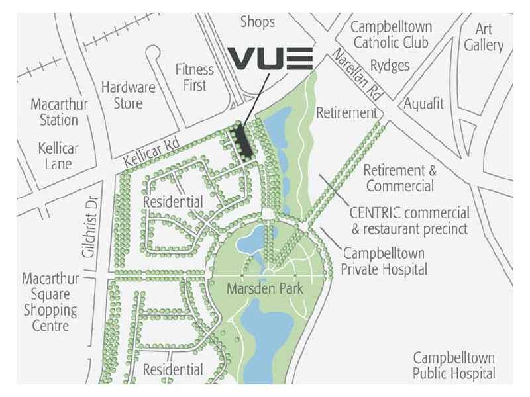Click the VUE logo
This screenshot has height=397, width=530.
pyautogui.click(x=270, y=58)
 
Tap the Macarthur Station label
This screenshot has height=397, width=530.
pyautogui.click(x=54, y=112)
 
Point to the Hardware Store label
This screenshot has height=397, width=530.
pyautogui.click(x=128, y=95)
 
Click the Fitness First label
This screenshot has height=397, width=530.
pyautogui.click(x=194, y=77)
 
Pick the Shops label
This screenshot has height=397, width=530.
pyautogui.click(x=257, y=22)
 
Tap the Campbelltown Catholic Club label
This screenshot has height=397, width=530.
pyautogui.click(x=391, y=35)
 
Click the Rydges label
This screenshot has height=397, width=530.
pyautogui.click(x=390, y=66)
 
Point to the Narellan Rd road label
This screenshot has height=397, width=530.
pyautogui.click(x=359, y=75)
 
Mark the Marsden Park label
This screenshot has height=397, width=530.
pyautogui.click(x=264, y=289)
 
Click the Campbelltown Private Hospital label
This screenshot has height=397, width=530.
pyautogui.click(x=384, y=261)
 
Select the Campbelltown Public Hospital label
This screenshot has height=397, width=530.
pyautogui.click(x=454, y=365)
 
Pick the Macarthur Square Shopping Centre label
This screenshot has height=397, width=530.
pyautogui.click(x=49, y=302)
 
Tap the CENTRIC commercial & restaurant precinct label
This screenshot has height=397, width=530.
pyautogui.click(x=409, y=221)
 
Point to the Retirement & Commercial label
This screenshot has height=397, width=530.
pyautogui.click(x=399, y=178)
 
